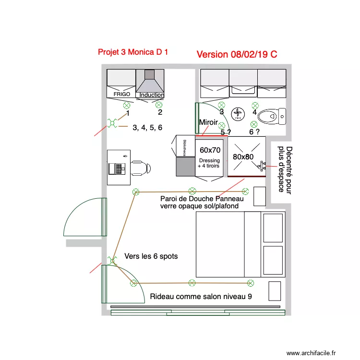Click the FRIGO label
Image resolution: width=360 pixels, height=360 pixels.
tap(121, 95)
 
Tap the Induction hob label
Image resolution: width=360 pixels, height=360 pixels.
tap(152, 95)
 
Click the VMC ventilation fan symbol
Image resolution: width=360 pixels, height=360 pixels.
tap(238, 114)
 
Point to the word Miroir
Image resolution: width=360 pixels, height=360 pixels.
tap(208, 122)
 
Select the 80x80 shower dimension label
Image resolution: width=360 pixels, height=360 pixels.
tap(243, 156)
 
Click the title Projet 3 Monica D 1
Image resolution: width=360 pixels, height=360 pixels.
tap(133, 52)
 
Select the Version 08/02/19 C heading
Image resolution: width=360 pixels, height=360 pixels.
tap(237, 54)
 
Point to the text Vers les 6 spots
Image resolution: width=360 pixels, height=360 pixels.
tap(151, 256)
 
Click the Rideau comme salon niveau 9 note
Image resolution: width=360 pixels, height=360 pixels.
tap(201, 297)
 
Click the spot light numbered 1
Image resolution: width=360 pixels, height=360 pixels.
tap(127, 105)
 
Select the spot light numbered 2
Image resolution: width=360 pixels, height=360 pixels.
tap(158, 105)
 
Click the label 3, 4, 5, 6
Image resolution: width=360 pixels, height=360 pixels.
tap(147, 127)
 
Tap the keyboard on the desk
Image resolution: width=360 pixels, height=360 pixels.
tap(116, 168)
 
